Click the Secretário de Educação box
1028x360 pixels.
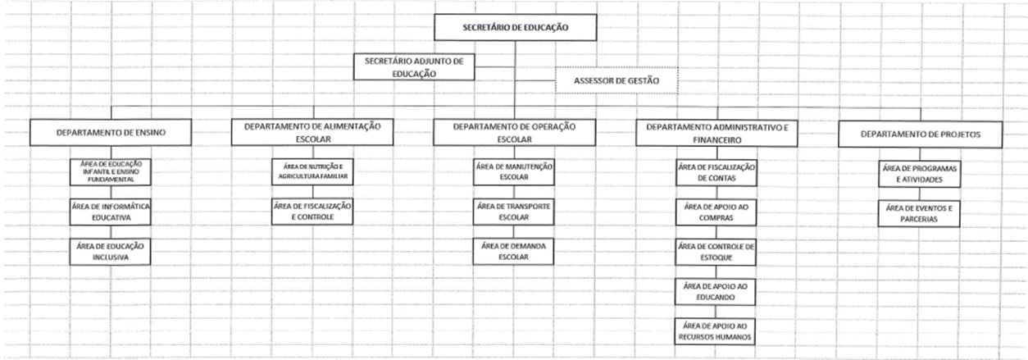pyautogui.click(x=516, y=27)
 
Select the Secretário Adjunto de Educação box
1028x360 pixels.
pyautogui.click(x=414, y=67)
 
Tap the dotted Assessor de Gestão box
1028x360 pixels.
pyautogui.click(x=616, y=80)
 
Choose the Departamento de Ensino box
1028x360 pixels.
pyautogui.click(x=111, y=132)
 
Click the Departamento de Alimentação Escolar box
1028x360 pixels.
pyautogui.click(x=312, y=132)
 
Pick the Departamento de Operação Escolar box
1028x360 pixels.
pyautogui.click(x=515, y=133)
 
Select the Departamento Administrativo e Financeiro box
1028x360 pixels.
pyautogui.click(x=716, y=134)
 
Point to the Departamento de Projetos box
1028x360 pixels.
pyautogui.click(x=920, y=134)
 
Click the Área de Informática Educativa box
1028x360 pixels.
pyautogui.click(x=110, y=212)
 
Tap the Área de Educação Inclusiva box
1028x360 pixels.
pyautogui.click(x=110, y=252)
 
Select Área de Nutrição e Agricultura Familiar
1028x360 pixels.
pyautogui.click(x=312, y=171)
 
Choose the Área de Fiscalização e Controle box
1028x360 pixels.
pyautogui.click(x=312, y=212)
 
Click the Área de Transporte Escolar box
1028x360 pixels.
pyautogui.click(x=513, y=212)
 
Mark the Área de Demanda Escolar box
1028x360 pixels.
pyautogui.click(x=513, y=252)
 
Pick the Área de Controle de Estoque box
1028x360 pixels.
pyautogui.click(x=716, y=252)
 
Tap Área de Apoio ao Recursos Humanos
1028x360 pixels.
pyautogui.click(x=715, y=331)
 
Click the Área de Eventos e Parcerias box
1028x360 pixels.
pyautogui.click(x=919, y=213)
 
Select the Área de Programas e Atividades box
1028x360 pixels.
pyautogui.click(x=920, y=174)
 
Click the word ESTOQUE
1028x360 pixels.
pyautogui.click(x=716, y=257)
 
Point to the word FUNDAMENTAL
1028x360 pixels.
pyautogui.click(x=111, y=179)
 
